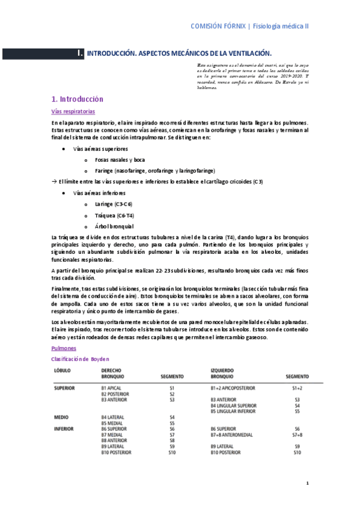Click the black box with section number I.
coord(80,54)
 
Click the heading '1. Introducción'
coord(78,99)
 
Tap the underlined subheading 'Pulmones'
coord(64,348)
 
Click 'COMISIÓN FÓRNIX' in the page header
coord(219,26)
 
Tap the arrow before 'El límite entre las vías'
coord(53,182)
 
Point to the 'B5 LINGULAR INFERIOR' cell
coord(238,411)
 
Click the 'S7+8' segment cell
coord(297,434)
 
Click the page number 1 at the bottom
coord(307,483)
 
